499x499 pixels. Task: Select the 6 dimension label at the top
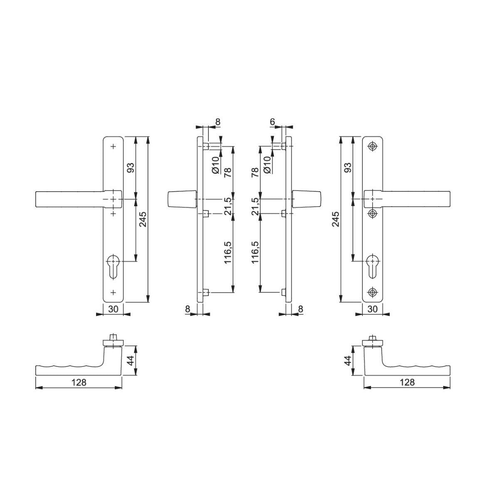point(272,122)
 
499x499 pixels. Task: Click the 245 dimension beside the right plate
point(336,219)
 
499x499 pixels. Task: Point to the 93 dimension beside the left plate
point(131,168)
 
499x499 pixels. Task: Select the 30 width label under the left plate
point(113,309)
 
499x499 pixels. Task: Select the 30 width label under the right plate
point(373,309)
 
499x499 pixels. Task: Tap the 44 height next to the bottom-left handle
point(131,361)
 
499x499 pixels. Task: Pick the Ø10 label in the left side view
point(215,165)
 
